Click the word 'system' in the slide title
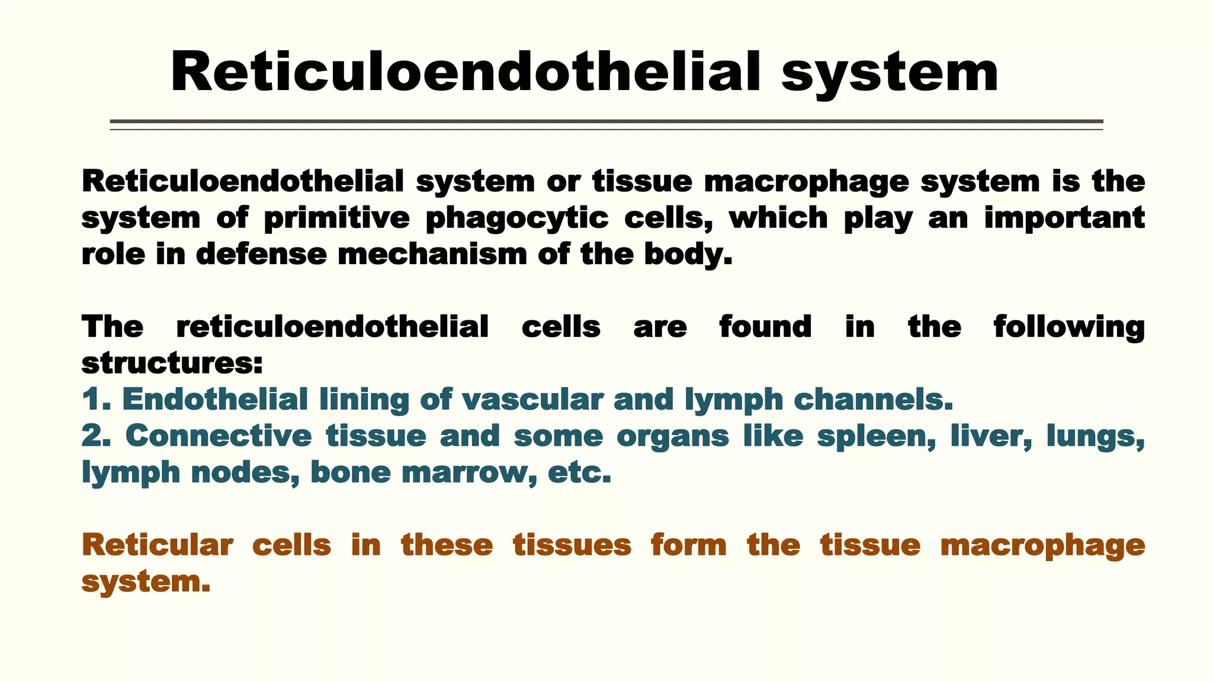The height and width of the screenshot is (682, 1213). (x=890, y=73)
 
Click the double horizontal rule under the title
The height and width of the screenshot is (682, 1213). (x=606, y=124)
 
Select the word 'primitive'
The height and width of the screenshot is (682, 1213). (x=336, y=218)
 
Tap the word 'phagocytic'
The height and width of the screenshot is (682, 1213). (x=517, y=218)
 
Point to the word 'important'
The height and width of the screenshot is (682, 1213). (x=1064, y=218)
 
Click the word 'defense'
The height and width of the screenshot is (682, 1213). (x=261, y=255)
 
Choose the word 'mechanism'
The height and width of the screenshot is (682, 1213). (x=432, y=255)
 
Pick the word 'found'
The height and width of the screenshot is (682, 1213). (x=765, y=327)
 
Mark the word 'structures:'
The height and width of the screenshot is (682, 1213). (x=172, y=363)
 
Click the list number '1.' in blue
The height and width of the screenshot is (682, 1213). (x=97, y=400)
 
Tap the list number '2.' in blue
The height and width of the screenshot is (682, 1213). (x=97, y=436)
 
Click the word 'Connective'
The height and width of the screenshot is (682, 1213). (x=219, y=436)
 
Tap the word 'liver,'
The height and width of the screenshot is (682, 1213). (x=991, y=436)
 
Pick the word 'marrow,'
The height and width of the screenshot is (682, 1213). (x=470, y=473)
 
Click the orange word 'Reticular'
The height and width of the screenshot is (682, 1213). (x=157, y=545)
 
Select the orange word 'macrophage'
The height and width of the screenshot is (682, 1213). (x=1042, y=545)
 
